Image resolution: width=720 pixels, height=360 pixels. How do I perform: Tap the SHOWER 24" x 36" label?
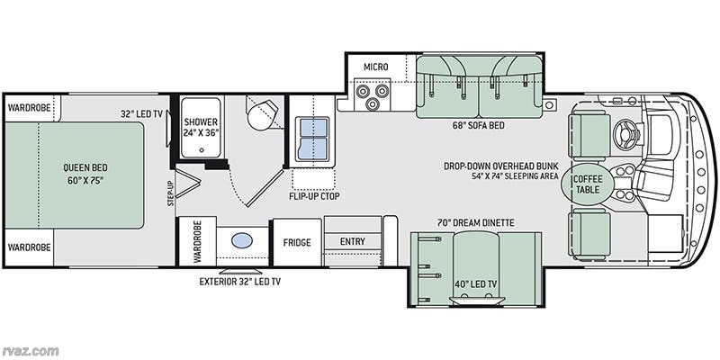tap(200, 127)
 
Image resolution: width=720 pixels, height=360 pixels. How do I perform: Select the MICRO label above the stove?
tap(375, 67)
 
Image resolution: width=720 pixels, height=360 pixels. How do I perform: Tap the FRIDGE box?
tap(297, 242)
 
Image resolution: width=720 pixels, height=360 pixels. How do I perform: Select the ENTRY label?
tap(352, 240)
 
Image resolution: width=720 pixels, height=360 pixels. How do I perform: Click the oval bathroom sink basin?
tap(242, 241)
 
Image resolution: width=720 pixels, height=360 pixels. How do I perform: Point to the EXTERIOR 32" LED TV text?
tap(240, 282)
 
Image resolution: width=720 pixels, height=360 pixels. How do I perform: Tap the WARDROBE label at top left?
tap(29, 106)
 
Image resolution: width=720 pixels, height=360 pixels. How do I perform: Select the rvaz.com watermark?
tap(30, 349)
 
